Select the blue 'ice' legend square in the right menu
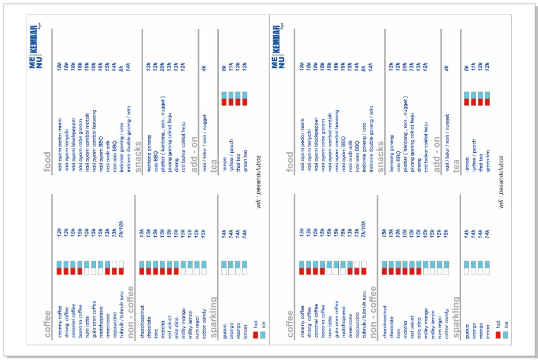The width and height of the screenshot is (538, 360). (x=505, y=335)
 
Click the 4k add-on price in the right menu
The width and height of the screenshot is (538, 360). (x=446, y=68)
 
